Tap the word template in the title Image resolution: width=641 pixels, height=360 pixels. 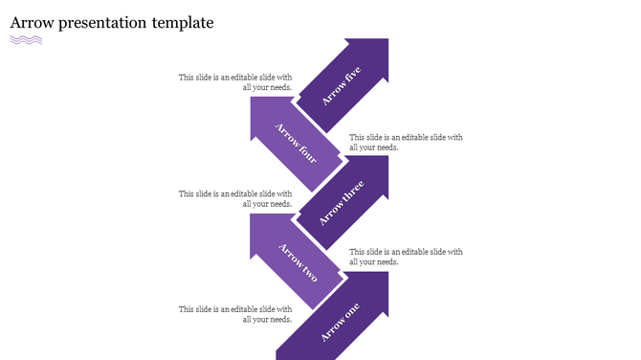(183, 22)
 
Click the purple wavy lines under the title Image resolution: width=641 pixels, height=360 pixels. (26, 40)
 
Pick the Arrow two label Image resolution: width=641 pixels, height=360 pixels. (297, 260)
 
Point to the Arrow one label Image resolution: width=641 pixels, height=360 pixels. (341, 321)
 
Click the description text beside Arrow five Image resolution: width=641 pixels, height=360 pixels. (235, 82)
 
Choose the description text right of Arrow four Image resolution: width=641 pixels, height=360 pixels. (406, 142)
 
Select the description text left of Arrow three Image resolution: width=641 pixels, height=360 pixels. (235, 198)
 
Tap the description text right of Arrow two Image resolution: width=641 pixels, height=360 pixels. (406, 257)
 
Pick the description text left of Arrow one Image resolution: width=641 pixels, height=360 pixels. (235, 314)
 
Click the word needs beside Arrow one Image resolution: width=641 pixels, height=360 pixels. (278, 320)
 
